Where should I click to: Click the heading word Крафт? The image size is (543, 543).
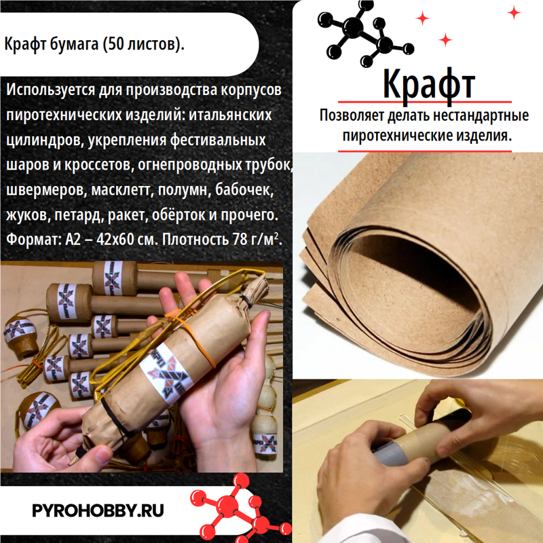click(x=428, y=83)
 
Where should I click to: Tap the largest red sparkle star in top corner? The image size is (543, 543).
click(x=514, y=12)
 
